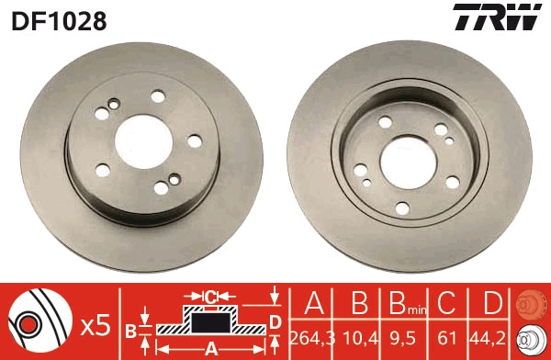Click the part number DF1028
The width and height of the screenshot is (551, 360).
click(x=59, y=21)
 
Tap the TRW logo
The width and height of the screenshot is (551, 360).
click(x=497, y=17)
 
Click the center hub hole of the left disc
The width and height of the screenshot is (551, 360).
click(x=144, y=142)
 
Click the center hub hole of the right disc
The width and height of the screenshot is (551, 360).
click(x=409, y=163)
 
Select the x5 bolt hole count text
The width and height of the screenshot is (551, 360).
click(x=96, y=326)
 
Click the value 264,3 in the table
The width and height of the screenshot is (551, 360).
click(x=313, y=338)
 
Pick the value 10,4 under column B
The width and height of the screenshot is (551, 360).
click(x=361, y=338)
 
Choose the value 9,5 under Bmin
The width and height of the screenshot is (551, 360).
click(x=403, y=338)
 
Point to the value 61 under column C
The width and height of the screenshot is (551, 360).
click(x=447, y=338)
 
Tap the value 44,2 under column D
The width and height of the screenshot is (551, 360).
click(x=489, y=338)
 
